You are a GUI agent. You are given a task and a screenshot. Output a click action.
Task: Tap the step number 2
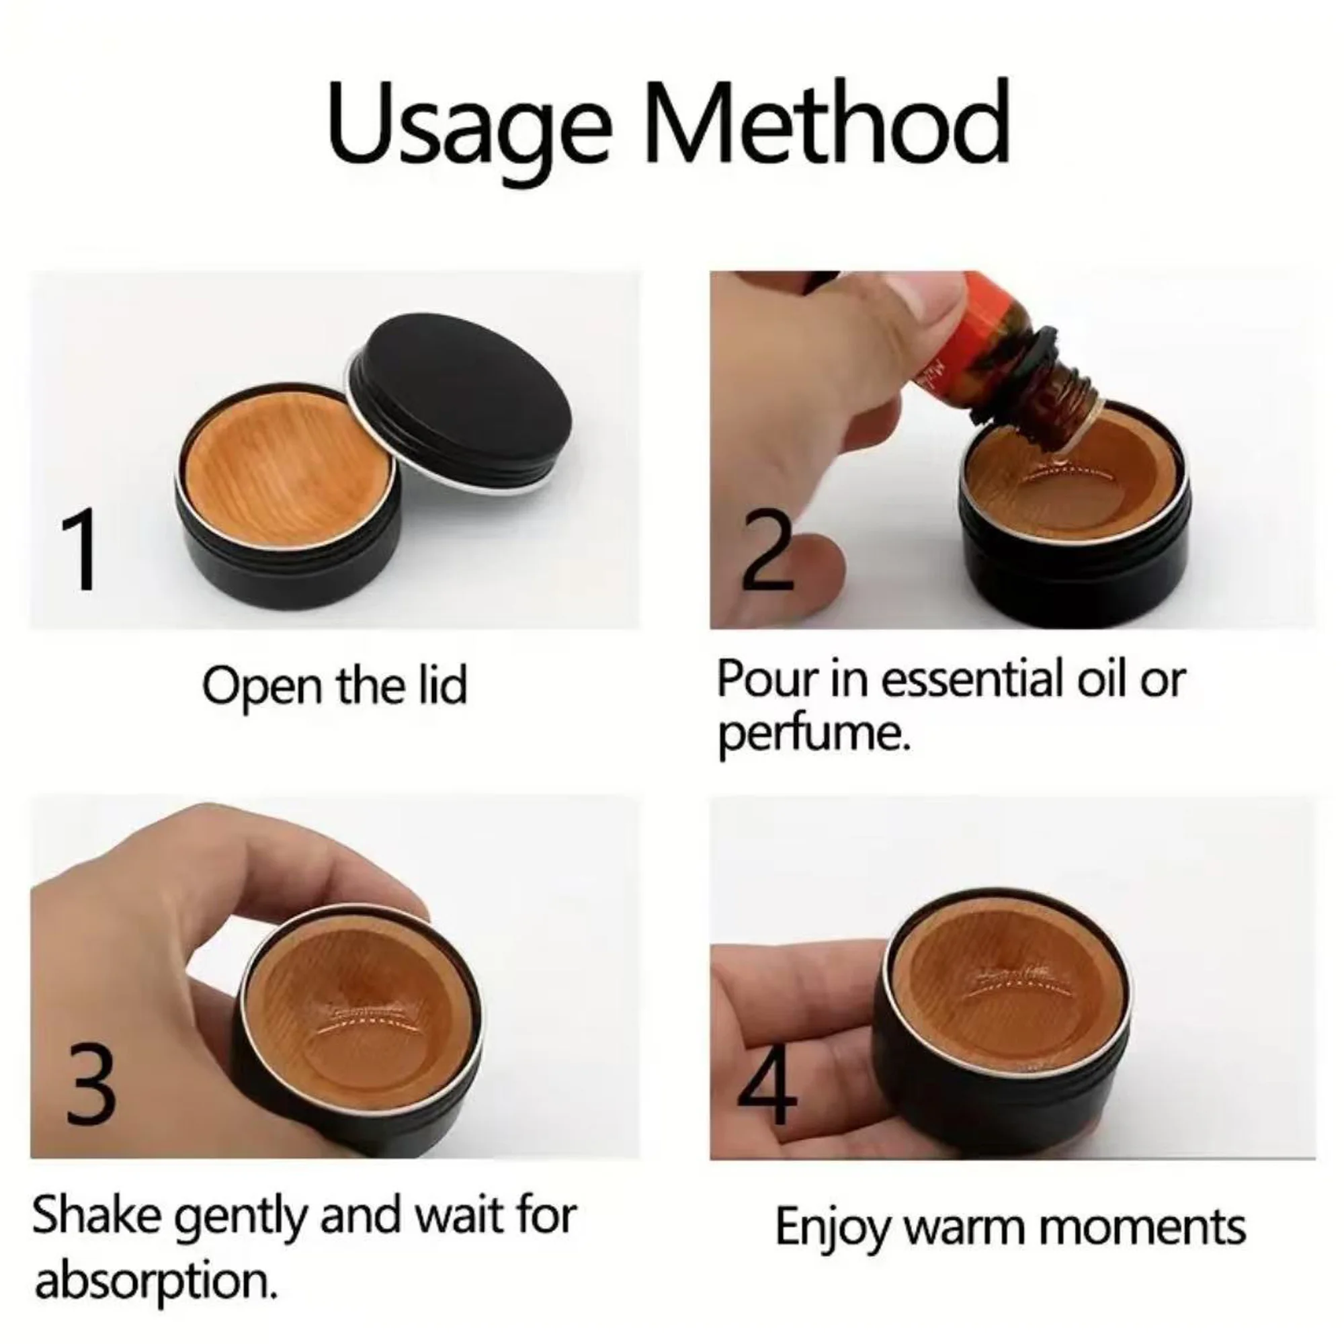point(767,549)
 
